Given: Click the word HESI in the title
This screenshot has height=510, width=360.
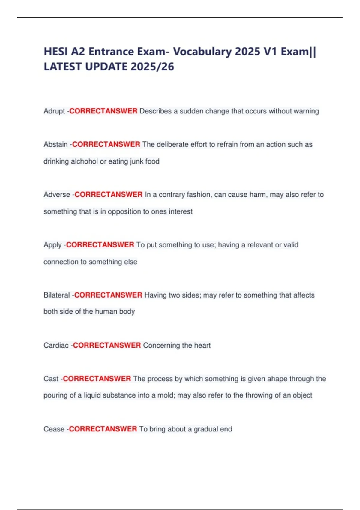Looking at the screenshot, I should pyautogui.click(x=56, y=52).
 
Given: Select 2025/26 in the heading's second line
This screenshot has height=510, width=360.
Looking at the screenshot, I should pyautogui.click(x=152, y=67).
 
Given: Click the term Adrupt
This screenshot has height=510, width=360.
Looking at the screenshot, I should pyautogui.click(x=54, y=111).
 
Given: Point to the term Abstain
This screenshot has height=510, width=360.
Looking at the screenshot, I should pyautogui.click(x=55, y=144).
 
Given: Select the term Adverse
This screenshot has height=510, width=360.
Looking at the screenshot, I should pyautogui.click(x=57, y=195).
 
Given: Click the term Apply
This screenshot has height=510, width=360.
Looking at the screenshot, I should pyautogui.click(x=52, y=245).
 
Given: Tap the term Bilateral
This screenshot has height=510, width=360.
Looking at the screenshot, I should pyautogui.click(x=57, y=295).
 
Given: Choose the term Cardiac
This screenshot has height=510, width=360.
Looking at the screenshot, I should pyautogui.click(x=56, y=346).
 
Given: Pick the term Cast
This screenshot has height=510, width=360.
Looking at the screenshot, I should pyautogui.click(x=51, y=379).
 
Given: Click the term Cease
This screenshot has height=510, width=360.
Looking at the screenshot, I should pyautogui.click(x=54, y=429).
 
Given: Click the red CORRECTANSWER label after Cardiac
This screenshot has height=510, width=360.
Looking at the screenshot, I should pyautogui.click(x=107, y=345).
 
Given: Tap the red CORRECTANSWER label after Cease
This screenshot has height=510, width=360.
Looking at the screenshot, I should pyautogui.click(x=103, y=429).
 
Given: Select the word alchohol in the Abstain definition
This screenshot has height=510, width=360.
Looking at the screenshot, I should pyautogui.click(x=84, y=161).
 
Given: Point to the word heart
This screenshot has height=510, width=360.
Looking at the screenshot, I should pyautogui.click(x=202, y=346).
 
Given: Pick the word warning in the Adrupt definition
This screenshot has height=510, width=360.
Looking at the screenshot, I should pyautogui.click(x=306, y=111).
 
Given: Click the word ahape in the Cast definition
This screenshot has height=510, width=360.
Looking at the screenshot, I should pyautogui.click(x=277, y=379).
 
